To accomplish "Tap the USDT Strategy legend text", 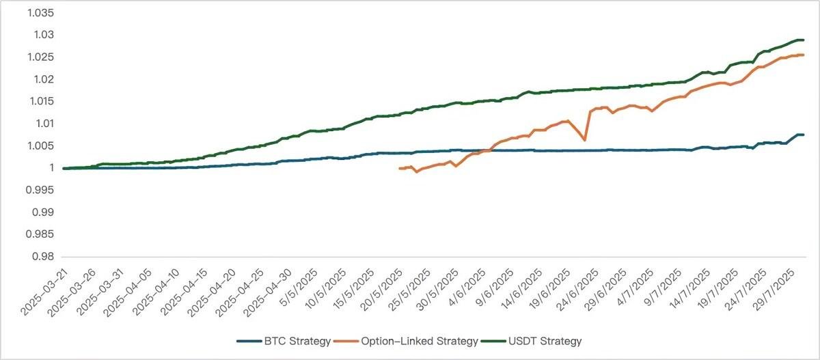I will (549, 340).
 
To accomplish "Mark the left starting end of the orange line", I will (400, 168).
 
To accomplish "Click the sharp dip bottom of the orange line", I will (585, 140).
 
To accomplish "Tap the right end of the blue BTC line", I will (803, 135).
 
